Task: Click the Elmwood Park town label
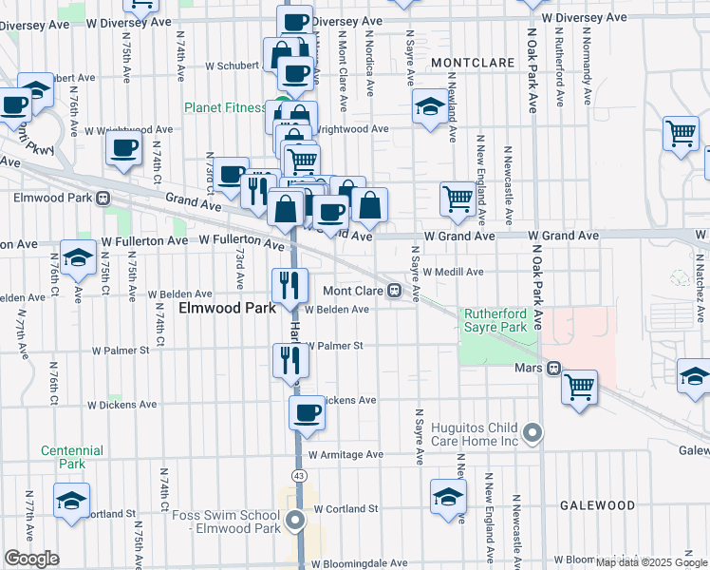pos(227,309)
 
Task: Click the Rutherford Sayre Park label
pos(495,320)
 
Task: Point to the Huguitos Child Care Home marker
pos(533,434)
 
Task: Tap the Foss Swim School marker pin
pos(297,520)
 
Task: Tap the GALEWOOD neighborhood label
pos(597,505)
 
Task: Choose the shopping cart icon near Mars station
pos(579,387)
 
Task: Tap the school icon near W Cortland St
pos(449,497)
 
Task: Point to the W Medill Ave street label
pos(453,271)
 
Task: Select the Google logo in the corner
pos(31,559)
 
